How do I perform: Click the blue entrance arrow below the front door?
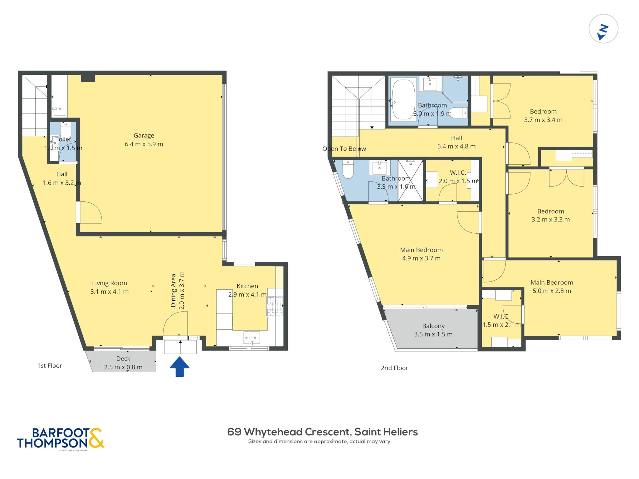pyautogui.click(x=180, y=367)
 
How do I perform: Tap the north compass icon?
pyautogui.click(x=603, y=29)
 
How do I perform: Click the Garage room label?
pyautogui.click(x=144, y=136)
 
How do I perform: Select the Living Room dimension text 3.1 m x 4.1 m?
pyautogui.click(x=110, y=292)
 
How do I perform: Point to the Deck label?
pyautogui.click(x=123, y=359)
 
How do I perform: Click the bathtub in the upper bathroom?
pyautogui.click(x=403, y=99)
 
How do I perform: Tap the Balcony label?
pyautogui.click(x=433, y=326)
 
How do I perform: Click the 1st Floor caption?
pyautogui.click(x=50, y=365)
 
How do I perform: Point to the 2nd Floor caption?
pyautogui.click(x=394, y=368)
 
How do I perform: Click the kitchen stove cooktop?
pyautogui.click(x=275, y=306)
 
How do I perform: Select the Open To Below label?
pyautogui.click(x=344, y=149)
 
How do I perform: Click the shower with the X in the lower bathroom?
pyautogui.click(x=411, y=181)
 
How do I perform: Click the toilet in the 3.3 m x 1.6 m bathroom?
pyautogui.click(x=348, y=169)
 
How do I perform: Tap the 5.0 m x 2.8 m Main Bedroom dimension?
pyautogui.click(x=552, y=291)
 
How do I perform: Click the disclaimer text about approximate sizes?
pyautogui.click(x=319, y=442)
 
